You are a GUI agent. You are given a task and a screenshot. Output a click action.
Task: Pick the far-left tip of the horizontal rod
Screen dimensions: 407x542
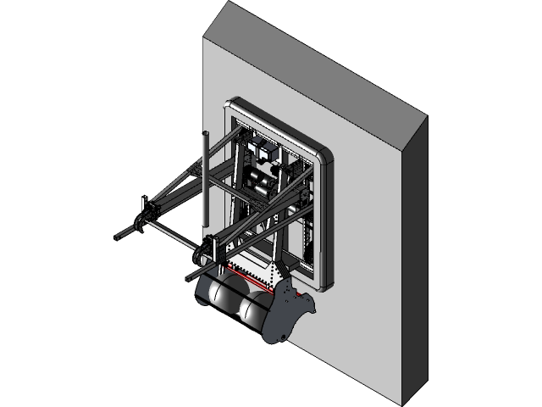[x=115, y=237]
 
